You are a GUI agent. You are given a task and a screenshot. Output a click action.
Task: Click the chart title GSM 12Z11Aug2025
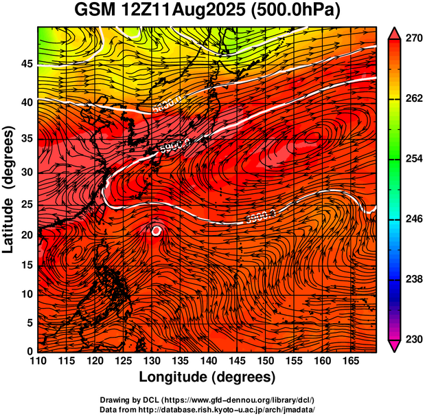(209, 11)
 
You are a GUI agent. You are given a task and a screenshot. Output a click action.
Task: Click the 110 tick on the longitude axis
(37, 360)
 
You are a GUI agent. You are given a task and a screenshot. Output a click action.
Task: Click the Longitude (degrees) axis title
(207, 377)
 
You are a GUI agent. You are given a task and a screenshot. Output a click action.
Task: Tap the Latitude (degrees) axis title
(9, 189)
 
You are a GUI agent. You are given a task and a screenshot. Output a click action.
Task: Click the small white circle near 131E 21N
(157, 231)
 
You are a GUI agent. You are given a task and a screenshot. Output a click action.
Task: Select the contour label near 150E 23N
(260, 218)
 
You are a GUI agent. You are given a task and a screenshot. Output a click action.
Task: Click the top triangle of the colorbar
(395, 32)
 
